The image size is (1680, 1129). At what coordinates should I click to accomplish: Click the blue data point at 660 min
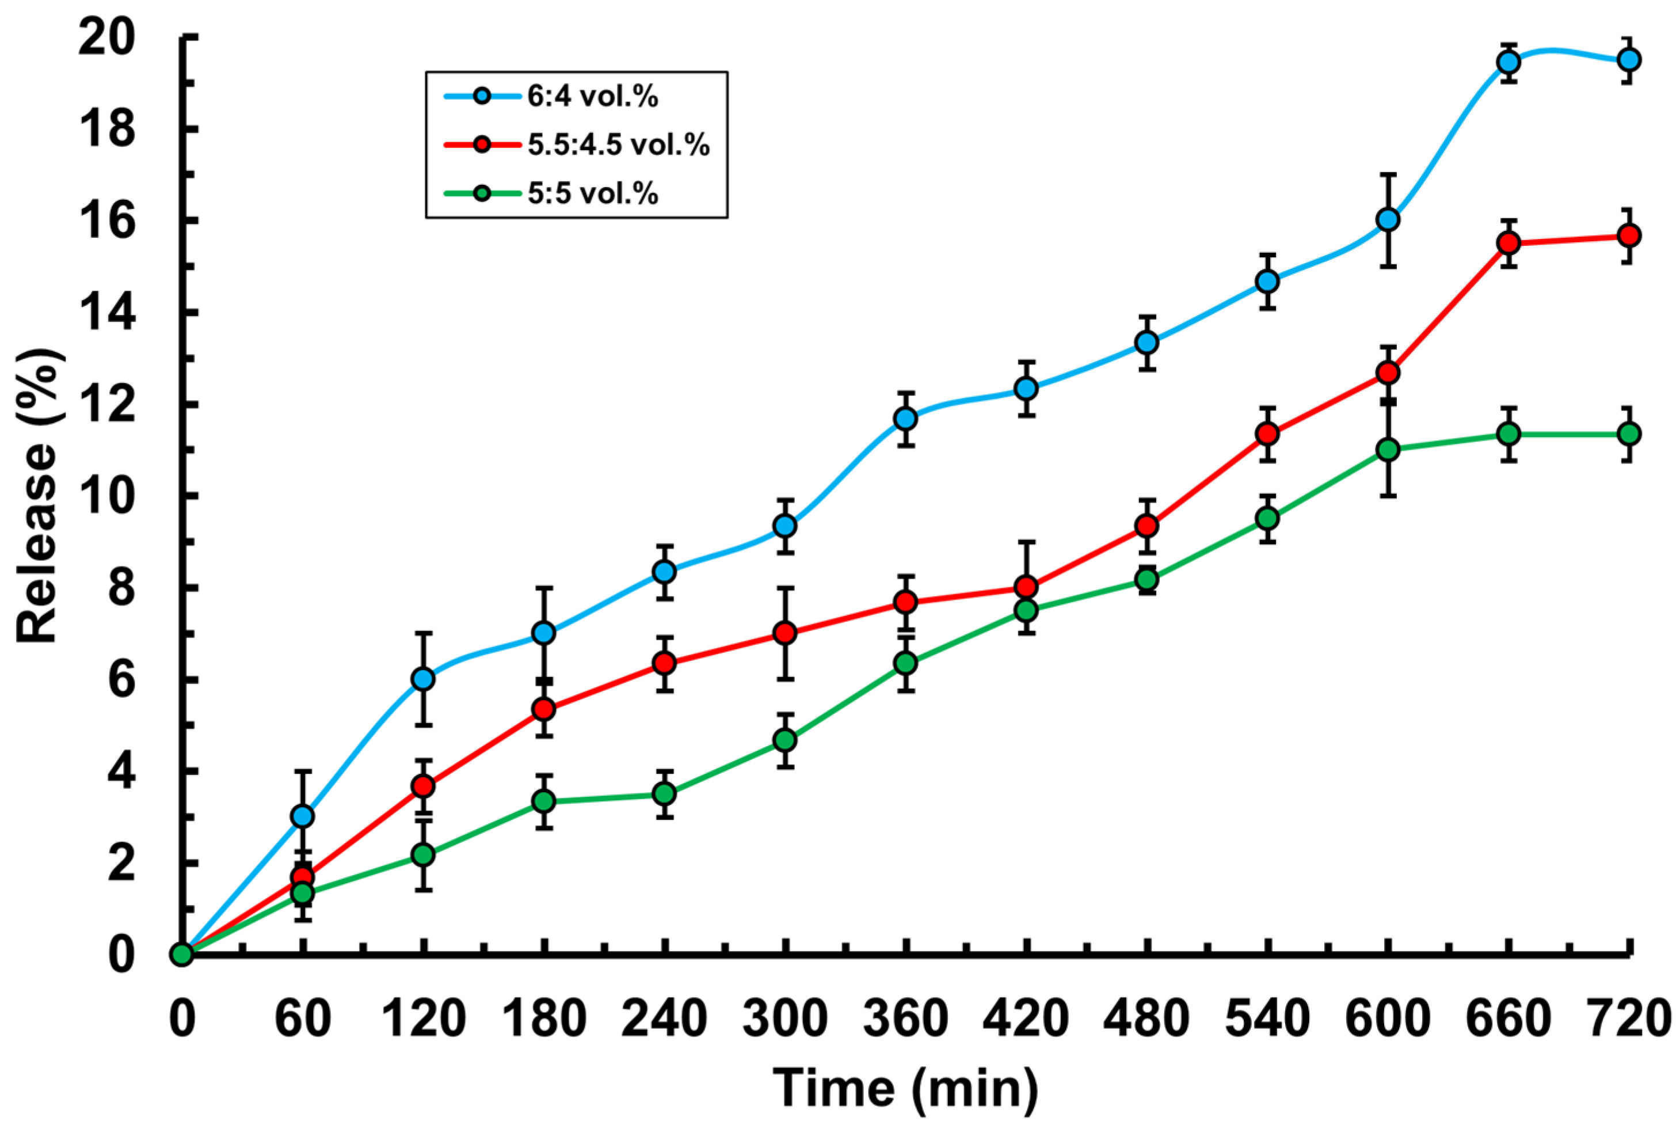tap(1508, 62)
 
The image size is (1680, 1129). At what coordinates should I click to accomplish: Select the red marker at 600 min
tap(1387, 373)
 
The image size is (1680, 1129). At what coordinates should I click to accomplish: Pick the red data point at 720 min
tap(1628, 235)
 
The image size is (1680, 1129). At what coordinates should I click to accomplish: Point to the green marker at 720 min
tap(1628, 434)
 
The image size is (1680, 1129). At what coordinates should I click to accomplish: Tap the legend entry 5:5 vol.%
tap(592, 193)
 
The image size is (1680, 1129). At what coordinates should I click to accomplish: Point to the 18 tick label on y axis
tap(106, 130)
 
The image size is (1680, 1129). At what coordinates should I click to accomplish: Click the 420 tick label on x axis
tap(1026, 1020)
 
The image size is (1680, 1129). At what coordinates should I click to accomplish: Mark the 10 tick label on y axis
tap(106, 496)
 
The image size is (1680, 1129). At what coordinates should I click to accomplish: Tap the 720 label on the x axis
tap(1628, 1020)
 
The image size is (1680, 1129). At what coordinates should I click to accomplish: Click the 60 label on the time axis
tap(303, 1020)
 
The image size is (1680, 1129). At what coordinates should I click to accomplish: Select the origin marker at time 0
tap(182, 954)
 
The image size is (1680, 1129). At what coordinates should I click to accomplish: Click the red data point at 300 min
tap(784, 633)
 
